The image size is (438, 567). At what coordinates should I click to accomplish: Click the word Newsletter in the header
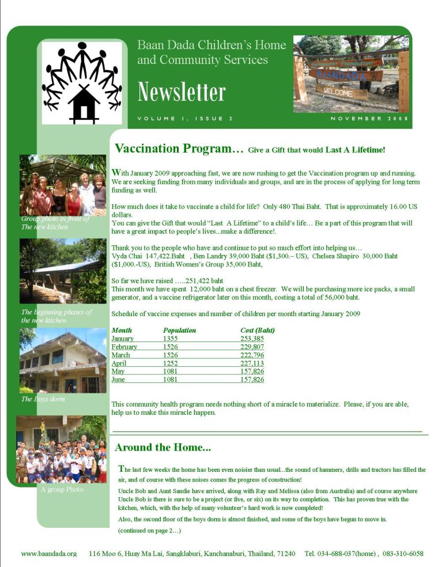181,92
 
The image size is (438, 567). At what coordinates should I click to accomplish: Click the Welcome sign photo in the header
351,74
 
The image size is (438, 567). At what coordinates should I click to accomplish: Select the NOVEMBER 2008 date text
369,119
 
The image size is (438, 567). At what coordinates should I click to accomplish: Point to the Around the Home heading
163,447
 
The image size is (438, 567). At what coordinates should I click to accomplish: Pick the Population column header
179,331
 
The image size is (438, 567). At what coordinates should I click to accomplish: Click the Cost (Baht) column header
257,331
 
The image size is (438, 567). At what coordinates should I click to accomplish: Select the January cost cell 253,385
252,339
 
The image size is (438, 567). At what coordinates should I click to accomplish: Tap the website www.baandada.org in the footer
49,553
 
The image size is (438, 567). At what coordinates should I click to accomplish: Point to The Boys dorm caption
43,399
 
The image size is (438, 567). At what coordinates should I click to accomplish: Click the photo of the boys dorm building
63,361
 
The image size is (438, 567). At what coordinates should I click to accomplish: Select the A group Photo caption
62,490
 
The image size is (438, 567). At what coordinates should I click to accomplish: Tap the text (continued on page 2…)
149,530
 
